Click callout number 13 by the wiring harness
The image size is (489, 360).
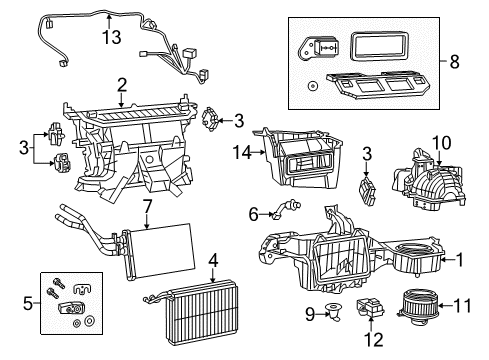coord(111,37)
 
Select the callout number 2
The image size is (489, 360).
coord(121,85)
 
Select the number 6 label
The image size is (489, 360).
coord(255,213)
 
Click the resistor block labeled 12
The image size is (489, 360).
coord(375,312)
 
